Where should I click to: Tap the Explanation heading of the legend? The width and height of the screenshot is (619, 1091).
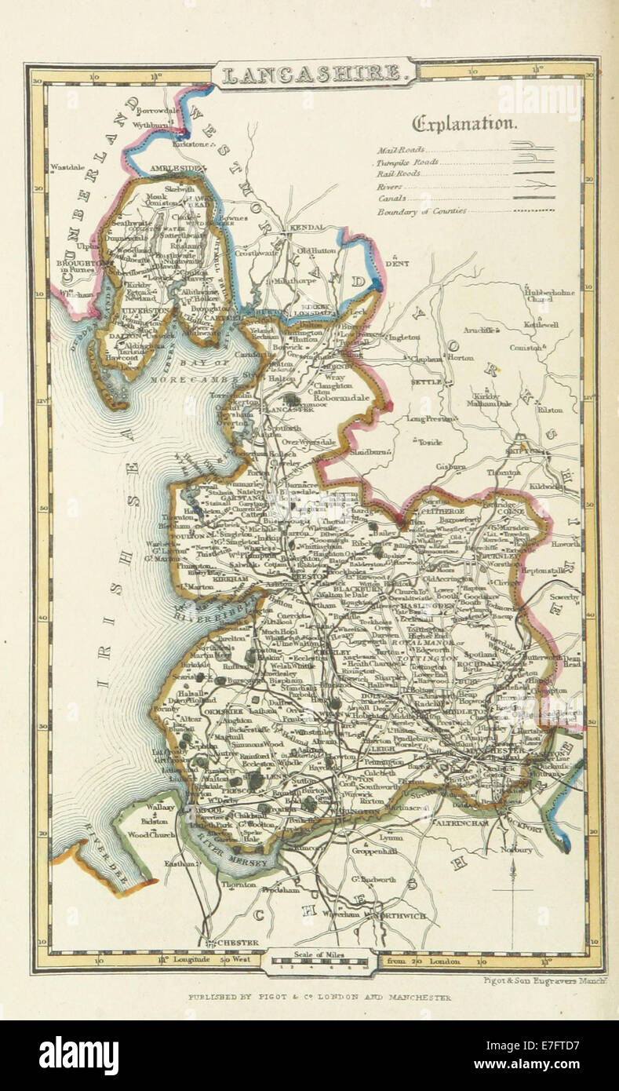coord(464,123)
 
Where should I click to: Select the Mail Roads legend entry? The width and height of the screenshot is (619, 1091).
coord(401,149)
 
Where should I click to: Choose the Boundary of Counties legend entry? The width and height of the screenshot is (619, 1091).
coord(421,211)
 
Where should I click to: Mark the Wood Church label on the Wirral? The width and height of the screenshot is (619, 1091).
coord(148,834)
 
